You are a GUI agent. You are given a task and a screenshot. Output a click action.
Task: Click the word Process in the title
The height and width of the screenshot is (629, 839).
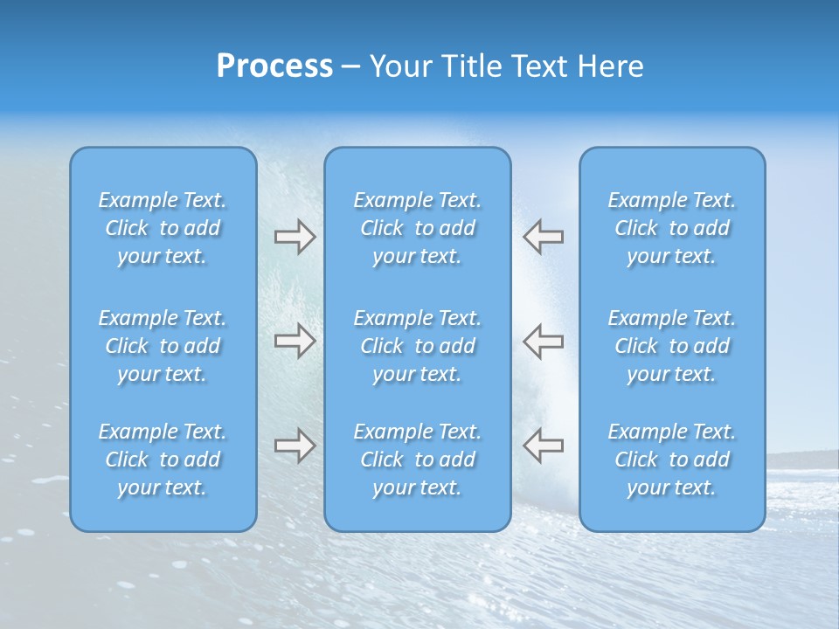point(274,66)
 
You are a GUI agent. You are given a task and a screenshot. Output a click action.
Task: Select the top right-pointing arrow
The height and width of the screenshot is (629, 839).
point(295,237)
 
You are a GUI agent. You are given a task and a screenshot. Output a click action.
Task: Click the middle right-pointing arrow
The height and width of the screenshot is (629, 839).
point(295,340)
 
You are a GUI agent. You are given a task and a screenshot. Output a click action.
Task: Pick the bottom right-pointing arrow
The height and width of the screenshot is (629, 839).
point(295,446)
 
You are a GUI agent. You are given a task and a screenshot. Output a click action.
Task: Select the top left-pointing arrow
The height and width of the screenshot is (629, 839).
point(544,237)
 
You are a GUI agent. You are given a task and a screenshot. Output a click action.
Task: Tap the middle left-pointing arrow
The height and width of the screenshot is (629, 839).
point(544,340)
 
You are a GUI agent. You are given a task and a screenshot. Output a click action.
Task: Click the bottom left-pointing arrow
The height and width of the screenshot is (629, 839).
point(544,446)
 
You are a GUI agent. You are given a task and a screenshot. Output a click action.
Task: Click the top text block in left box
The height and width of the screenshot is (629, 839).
point(163,228)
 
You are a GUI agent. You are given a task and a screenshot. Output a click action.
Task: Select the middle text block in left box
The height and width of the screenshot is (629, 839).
point(163,346)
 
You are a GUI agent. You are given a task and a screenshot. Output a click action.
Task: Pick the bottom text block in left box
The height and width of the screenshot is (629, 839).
point(163,460)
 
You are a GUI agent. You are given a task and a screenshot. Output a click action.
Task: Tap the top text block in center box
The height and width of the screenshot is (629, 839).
point(417,228)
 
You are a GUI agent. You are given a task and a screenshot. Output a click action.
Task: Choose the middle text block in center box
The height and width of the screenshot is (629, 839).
point(417,346)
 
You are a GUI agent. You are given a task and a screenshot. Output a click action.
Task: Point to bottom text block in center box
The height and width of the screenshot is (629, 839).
point(417,460)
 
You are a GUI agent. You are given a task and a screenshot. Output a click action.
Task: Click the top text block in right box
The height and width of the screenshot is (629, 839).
point(671,228)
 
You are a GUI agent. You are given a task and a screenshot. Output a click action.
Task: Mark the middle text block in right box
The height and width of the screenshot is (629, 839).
point(671,346)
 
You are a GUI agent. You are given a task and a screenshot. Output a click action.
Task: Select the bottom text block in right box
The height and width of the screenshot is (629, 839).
point(671,460)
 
